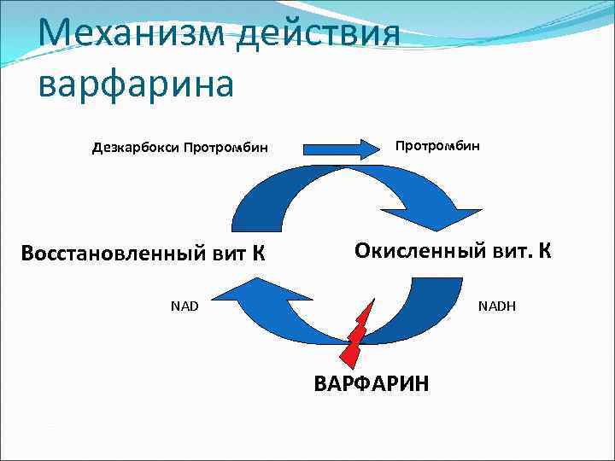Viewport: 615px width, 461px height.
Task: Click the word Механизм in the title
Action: [119, 35]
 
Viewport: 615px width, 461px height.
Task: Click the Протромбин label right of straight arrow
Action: [437, 145]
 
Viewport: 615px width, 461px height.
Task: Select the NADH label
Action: [497, 304]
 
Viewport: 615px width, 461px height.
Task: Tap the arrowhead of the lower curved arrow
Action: [231, 296]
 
